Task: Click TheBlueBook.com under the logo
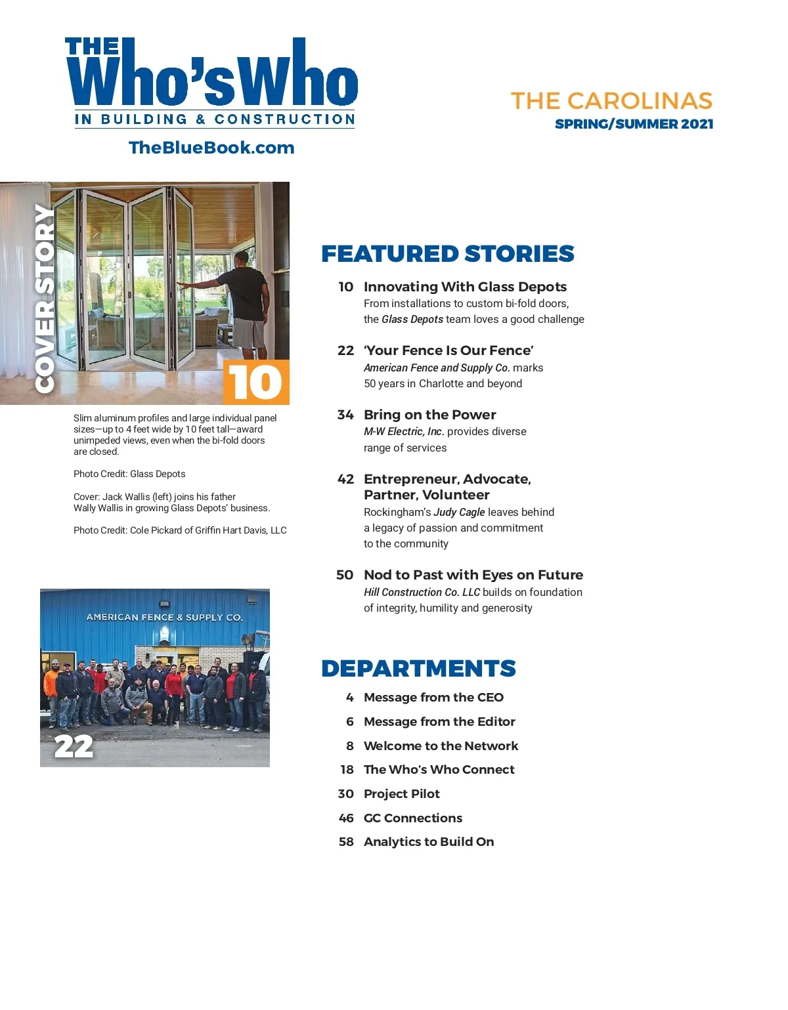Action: (x=211, y=148)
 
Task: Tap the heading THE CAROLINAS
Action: (x=611, y=101)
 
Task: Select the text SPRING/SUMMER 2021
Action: (x=634, y=124)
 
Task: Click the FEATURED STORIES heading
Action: (x=447, y=254)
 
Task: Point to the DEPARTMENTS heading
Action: (x=418, y=669)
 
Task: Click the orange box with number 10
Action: (x=256, y=382)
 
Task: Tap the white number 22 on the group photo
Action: (x=74, y=747)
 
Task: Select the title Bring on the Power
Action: (x=429, y=415)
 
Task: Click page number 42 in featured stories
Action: (x=345, y=479)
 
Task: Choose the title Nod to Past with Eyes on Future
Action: (x=473, y=575)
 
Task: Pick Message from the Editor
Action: (x=439, y=722)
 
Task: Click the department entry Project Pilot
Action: (x=401, y=794)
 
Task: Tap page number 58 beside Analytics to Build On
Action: (x=346, y=842)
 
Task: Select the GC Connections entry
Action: (x=412, y=818)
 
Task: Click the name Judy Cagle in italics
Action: (x=459, y=513)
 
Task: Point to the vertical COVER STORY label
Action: (x=44, y=299)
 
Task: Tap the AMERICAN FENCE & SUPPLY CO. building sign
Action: (x=164, y=618)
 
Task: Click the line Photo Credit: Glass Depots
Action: (x=129, y=474)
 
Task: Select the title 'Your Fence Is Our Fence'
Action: (x=449, y=350)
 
